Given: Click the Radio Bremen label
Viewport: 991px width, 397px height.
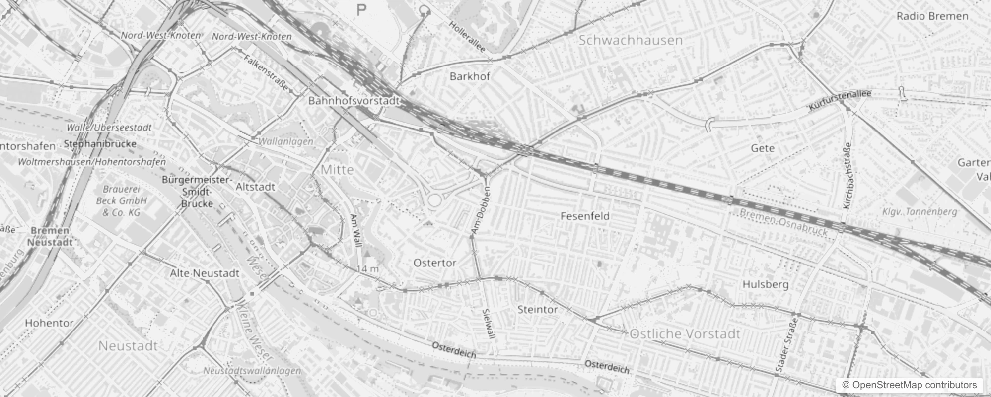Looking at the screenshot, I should pos(932,16).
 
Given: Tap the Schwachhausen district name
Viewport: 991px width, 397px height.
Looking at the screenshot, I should pos(631,40).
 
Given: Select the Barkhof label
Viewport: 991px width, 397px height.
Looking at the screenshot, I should pos(469,76).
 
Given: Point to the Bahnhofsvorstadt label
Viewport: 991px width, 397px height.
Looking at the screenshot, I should pos(354,101).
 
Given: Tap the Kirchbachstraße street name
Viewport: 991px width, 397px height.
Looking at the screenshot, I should pos(848,176).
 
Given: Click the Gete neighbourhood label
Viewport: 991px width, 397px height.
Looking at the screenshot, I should pos(763,148).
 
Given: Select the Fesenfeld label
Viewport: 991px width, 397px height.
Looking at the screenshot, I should pos(584,216).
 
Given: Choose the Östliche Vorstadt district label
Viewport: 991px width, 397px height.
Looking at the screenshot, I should pos(685,334).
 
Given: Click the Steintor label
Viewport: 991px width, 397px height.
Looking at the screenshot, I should pos(537,309).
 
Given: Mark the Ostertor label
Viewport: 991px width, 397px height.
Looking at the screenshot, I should pos(434,263).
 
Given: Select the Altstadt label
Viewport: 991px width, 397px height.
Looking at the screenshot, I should pos(255,187).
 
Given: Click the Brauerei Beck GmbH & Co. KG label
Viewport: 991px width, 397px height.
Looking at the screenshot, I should pos(121,201).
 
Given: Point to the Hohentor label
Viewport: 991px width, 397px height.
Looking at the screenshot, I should pos(49,323).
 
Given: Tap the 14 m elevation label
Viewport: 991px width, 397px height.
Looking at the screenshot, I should pos(367,269).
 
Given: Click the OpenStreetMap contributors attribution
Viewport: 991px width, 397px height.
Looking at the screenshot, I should pos(909,385).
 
